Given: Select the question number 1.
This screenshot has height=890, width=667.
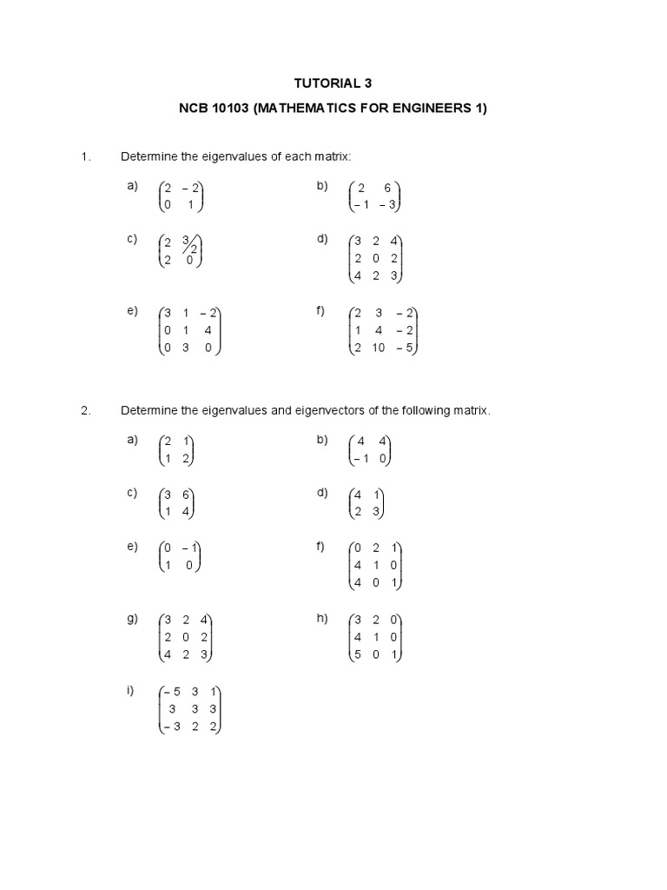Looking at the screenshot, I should coord(85,156).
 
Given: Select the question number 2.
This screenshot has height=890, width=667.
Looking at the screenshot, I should coord(85,411).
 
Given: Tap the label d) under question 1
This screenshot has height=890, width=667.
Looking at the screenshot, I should coord(322,239).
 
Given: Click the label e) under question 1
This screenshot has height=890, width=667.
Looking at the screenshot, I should coord(132,311).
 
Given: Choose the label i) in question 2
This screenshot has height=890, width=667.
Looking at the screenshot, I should coord(131,691).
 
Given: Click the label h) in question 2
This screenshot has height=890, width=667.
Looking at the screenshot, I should coord(322,619).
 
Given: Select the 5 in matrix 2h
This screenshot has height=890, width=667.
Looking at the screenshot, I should coord(357,654).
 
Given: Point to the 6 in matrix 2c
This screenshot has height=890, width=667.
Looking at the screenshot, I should coord(186,495).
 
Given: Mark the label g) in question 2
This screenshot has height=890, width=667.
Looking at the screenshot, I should coord(132,619).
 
